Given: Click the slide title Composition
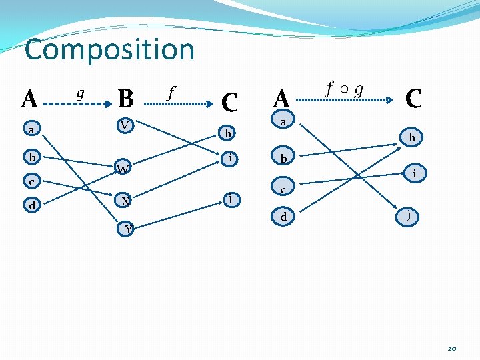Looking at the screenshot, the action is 109,50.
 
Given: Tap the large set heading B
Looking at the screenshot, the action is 125,99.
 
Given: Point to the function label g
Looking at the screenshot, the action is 80,93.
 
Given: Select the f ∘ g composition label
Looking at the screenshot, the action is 345,88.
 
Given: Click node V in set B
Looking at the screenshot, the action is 125,125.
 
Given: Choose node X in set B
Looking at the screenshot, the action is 125,200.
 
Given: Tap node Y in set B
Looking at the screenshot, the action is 127,229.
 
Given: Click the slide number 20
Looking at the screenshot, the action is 452,349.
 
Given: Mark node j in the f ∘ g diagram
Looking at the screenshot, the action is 408,216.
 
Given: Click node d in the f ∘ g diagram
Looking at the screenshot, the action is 283,216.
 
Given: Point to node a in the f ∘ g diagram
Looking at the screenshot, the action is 283,123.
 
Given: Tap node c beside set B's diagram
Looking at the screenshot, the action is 31,181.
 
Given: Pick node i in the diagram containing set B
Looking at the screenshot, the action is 230,158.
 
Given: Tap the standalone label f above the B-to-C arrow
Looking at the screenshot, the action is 171,93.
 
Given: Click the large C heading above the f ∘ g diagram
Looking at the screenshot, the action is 413,99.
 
